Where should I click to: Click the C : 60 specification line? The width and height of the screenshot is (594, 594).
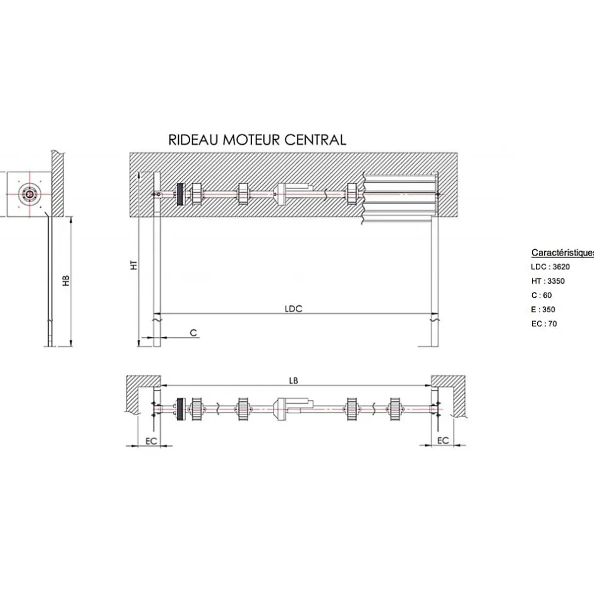[542, 295]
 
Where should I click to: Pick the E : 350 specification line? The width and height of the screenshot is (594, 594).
[543, 310]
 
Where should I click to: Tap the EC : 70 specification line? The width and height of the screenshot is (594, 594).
[544, 324]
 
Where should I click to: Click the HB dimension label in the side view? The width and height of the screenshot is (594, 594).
[66, 281]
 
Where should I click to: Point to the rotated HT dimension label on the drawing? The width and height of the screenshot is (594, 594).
[133, 265]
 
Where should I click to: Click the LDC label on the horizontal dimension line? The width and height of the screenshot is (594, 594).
[294, 308]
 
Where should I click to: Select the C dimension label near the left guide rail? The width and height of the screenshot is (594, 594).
[193, 332]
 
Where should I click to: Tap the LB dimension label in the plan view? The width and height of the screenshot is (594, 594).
[293, 380]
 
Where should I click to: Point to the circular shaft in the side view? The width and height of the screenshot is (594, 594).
[29, 194]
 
